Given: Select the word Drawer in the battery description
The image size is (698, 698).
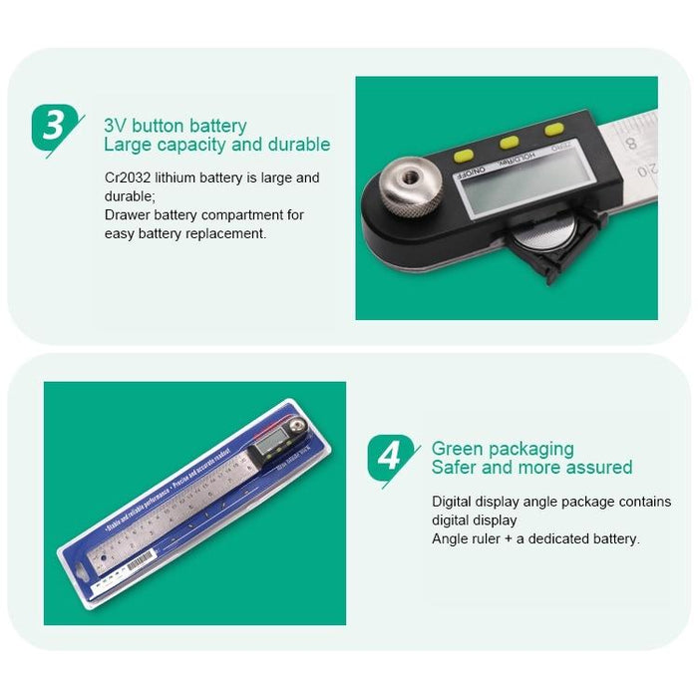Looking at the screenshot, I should pos(127,214).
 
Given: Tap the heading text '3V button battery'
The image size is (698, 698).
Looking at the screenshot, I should pos(175,127).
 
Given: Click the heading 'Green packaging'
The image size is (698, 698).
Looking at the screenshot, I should pos(503,449).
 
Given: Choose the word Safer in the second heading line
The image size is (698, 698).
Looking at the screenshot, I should pos(455,468).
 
